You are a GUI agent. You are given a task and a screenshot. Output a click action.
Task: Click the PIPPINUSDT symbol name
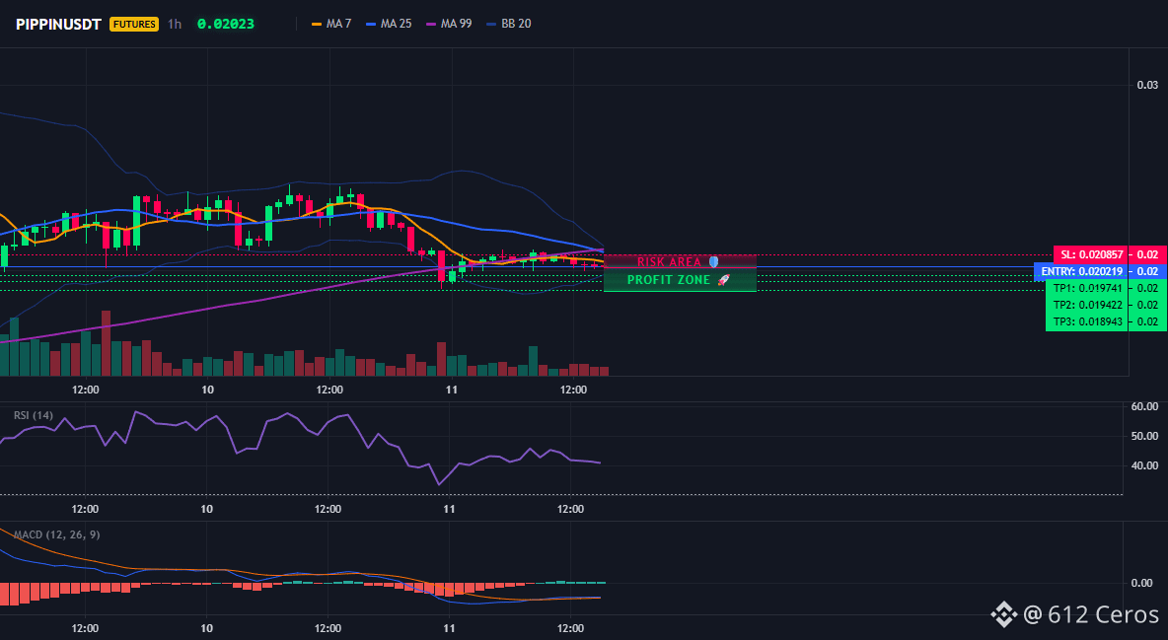tap(58, 24)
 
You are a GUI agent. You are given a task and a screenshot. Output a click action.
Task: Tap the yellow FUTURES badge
tap(134, 24)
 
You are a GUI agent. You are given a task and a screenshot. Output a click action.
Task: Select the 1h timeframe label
tap(175, 24)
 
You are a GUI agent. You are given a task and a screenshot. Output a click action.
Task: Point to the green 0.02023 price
tap(226, 24)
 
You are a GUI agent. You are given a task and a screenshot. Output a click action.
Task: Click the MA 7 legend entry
tap(331, 24)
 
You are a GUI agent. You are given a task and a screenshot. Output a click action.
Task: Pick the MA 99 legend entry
tap(449, 24)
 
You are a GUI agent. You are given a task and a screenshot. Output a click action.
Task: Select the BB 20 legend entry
tap(509, 24)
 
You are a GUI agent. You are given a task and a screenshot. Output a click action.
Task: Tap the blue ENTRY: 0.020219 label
tap(1081, 271)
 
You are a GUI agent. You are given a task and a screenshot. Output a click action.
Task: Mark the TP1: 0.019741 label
tap(1087, 288)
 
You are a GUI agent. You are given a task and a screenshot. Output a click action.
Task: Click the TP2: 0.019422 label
tap(1087, 305)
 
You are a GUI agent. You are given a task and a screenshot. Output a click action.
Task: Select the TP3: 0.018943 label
tap(1087, 321)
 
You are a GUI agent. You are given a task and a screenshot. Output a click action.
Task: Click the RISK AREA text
tap(669, 262)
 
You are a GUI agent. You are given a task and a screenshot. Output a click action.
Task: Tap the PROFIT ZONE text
tap(669, 280)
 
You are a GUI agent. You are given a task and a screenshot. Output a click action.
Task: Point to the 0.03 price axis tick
tap(1147, 85)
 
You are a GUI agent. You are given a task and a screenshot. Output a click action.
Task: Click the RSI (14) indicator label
tap(34, 415)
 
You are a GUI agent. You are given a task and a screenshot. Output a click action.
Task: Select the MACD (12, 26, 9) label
tap(56, 534)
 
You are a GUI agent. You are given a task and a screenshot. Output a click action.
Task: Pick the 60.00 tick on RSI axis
tap(1144, 406)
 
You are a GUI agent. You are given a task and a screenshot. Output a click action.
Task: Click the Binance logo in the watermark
tap(1003, 614)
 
